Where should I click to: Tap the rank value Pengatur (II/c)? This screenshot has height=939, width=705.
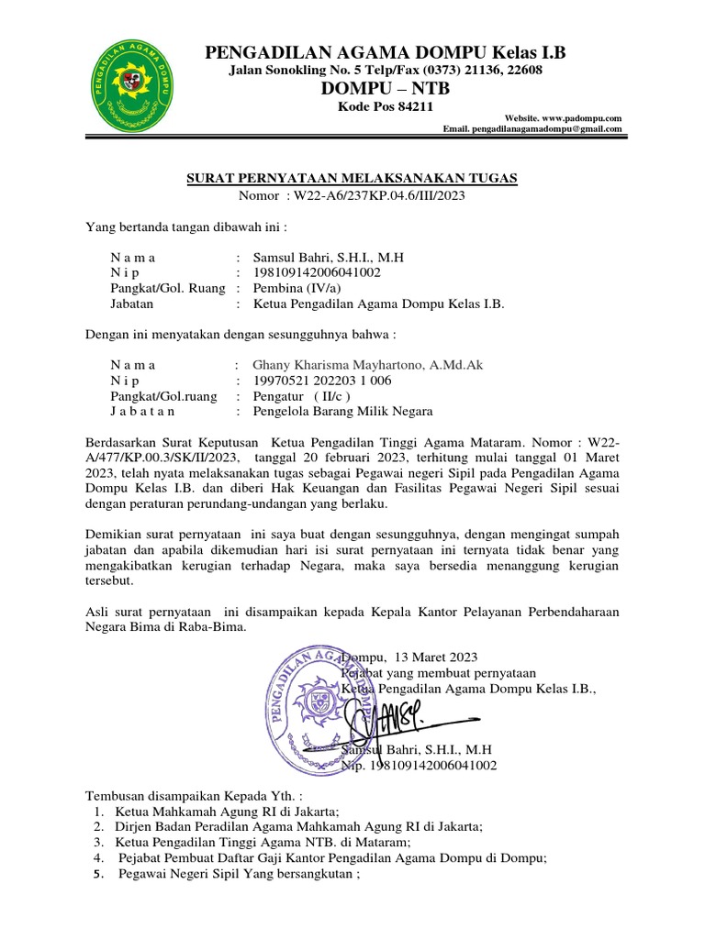click(x=301, y=396)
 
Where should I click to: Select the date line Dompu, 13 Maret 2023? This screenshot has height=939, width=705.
click(x=409, y=657)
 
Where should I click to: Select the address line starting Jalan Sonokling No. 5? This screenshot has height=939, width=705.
click(x=385, y=71)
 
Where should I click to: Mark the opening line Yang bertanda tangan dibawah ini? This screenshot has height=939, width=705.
click(x=186, y=226)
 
